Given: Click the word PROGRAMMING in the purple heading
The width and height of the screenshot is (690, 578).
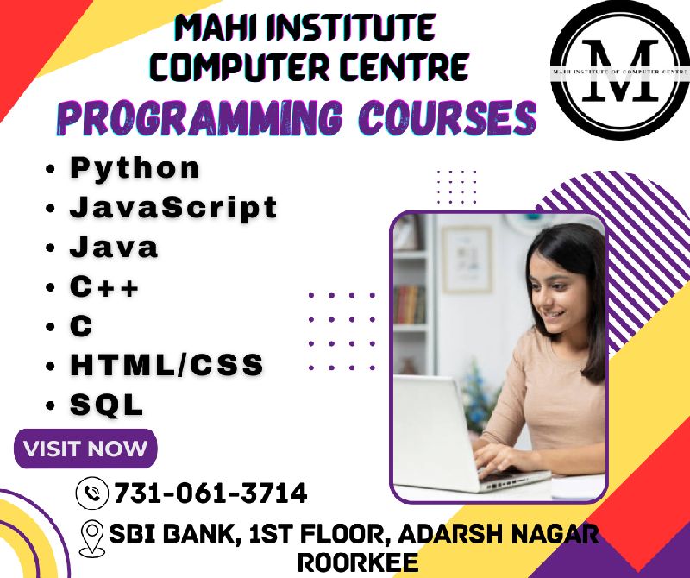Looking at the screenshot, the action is click(x=199, y=118).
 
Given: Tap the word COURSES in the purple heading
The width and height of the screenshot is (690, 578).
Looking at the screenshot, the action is click(x=448, y=118).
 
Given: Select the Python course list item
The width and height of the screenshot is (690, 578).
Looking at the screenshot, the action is click(x=135, y=169).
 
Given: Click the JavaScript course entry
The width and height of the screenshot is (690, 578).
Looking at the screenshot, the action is click(x=173, y=207).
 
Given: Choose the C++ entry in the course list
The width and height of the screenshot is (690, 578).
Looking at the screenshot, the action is click(x=104, y=286).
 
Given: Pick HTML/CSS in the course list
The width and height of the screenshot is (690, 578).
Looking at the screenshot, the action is click(x=166, y=365).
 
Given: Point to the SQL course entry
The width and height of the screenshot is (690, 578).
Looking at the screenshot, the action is click(x=106, y=405).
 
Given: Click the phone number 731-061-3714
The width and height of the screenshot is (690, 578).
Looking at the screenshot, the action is click(x=210, y=493).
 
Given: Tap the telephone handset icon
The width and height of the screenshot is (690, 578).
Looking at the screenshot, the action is click(x=92, y=493).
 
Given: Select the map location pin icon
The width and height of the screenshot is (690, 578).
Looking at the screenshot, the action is click(x=92, y=538).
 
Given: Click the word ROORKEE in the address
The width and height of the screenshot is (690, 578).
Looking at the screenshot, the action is click(x=358, y=562).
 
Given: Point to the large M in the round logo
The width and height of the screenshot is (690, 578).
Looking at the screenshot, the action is click(x=620, y=71).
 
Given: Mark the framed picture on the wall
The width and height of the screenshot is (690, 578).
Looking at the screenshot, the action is click(x=467, y=260).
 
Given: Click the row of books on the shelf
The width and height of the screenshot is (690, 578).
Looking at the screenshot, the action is click(x=409, y=304).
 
